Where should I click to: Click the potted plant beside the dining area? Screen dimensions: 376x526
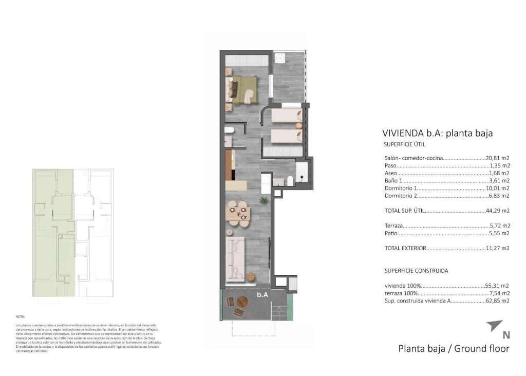264,200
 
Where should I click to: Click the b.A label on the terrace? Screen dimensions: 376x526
263,295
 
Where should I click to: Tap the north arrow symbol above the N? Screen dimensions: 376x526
495,325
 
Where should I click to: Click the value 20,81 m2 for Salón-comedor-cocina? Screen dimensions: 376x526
498,158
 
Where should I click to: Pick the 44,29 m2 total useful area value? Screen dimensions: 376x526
498,211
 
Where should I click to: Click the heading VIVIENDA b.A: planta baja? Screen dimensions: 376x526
438,133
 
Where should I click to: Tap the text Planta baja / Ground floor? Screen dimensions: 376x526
454,349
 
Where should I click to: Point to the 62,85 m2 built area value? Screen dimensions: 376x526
498,301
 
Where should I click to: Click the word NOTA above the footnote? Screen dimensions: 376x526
21,317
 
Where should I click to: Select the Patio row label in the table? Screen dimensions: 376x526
391,233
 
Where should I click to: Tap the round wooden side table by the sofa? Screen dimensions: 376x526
251,276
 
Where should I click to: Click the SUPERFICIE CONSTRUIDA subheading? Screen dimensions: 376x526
416,270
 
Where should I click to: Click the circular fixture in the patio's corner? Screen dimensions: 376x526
280,58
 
